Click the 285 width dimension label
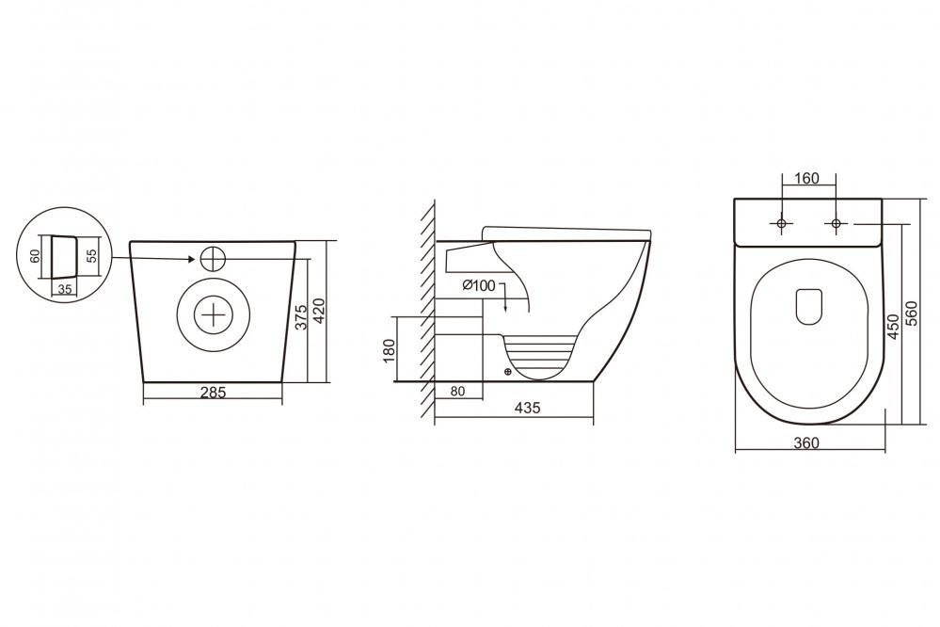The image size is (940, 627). [x=213, y=393]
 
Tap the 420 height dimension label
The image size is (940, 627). [x=319, y=311]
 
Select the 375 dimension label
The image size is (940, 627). [x=301, y=316]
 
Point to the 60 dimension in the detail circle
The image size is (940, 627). [x=35, y=256]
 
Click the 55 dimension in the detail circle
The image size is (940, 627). [x=91, y=256]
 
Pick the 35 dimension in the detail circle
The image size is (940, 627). [x=65, y=289]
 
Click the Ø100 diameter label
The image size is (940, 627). [x=480, y=285]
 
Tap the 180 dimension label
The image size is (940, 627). [x=390, y=350]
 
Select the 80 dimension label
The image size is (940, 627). [x=457, y=392]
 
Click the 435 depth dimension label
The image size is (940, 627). [x=528, y=408]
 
